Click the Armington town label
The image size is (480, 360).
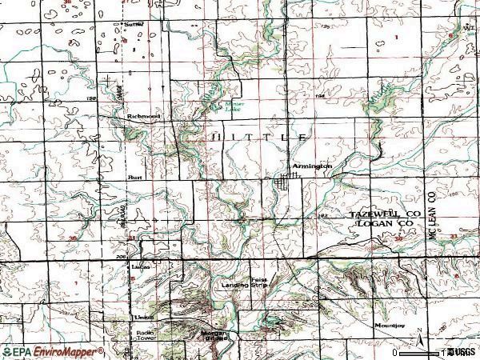pos(311,166)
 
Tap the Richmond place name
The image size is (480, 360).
pos(143,117)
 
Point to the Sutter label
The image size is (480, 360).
pos(133,25)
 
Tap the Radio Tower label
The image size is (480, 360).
pos(145,334)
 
